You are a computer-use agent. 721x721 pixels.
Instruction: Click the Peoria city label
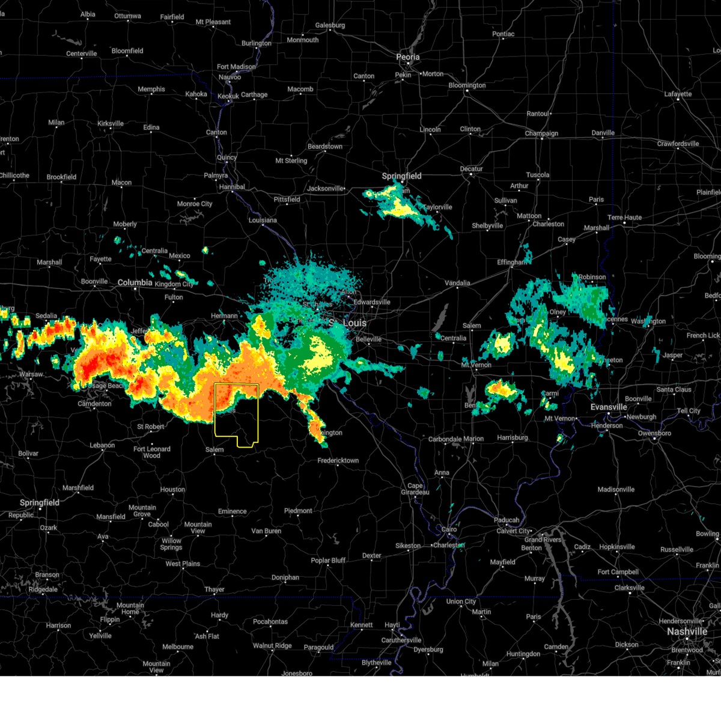407,57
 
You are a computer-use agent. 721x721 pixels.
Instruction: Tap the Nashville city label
687,631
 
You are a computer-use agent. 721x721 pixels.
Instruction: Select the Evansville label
609,407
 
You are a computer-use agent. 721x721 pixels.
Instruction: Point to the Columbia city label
135,282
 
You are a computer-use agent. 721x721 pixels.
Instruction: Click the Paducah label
507,520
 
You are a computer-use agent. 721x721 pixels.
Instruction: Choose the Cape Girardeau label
415,488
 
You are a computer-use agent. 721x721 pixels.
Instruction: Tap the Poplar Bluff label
328,561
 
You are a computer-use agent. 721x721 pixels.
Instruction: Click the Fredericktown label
338,461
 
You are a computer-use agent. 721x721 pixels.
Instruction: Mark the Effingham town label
511,263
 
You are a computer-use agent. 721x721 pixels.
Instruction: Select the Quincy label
227,157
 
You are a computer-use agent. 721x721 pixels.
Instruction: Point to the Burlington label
257,43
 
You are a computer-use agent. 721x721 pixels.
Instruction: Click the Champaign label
541,133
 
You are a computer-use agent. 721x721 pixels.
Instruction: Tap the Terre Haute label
624,218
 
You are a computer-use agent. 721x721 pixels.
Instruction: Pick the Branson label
47,575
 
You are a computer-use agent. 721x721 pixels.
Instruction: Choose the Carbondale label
445,439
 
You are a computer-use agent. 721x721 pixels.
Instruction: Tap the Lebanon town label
102,445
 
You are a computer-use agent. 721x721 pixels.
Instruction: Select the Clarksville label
630,588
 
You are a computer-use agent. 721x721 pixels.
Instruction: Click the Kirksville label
111,124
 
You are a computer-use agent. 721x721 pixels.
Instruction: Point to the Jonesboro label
297,674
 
